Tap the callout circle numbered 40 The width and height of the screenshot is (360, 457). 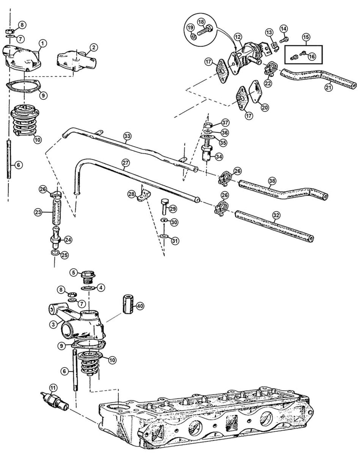pyautogui.click(x=140, y=305)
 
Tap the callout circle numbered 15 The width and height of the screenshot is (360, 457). pyautogui.click(x=306, y=37)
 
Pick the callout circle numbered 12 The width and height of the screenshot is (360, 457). pyautogui.click(x=238, y=37)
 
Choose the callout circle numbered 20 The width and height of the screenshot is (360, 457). pyautogui.click(x=264, y=107)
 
